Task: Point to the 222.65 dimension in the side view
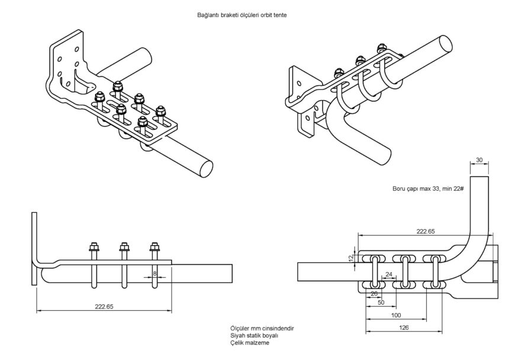tap(104, 306)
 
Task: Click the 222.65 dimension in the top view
tap(426, 232)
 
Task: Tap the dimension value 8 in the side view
tap(155, 274)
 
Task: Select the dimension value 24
tap(389, 274)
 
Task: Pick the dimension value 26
tap(374, 293)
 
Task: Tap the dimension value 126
tap(404, 327)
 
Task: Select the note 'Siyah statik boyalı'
tap(254, 335)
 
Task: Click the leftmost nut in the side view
tap(94, 249)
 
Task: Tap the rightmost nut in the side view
tap(155, 249)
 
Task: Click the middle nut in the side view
tap(124, 249)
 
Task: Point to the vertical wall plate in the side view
tap(33, 249)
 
